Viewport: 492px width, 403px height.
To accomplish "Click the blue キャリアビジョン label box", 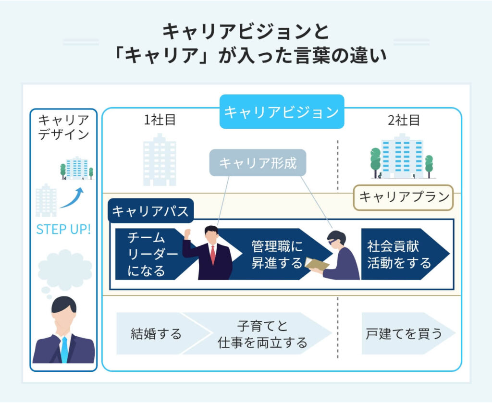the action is (x=282, y=111).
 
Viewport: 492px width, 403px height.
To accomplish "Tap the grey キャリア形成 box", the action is (x=258, y=163).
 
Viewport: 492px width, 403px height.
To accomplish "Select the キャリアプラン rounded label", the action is (x=404, y=197).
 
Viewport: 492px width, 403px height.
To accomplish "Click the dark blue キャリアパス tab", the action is (x=150, y=211).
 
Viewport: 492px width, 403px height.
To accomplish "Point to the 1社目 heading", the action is (x=160, y=120).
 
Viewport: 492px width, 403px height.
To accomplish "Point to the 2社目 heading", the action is (x=404, y=120).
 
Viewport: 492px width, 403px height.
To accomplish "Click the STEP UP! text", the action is (x=63, y=229).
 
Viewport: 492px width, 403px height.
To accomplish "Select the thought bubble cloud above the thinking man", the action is (x=64, y=270).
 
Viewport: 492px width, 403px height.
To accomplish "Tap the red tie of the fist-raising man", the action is (x=213, y=255).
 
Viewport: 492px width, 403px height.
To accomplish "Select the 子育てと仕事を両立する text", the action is (x=262, y=334).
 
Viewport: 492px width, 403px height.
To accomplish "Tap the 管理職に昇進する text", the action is (x=276, y=255).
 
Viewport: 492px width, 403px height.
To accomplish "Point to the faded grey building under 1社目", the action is (x=160, y=159).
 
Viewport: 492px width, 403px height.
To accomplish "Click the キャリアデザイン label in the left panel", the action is (x=64, y=127).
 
